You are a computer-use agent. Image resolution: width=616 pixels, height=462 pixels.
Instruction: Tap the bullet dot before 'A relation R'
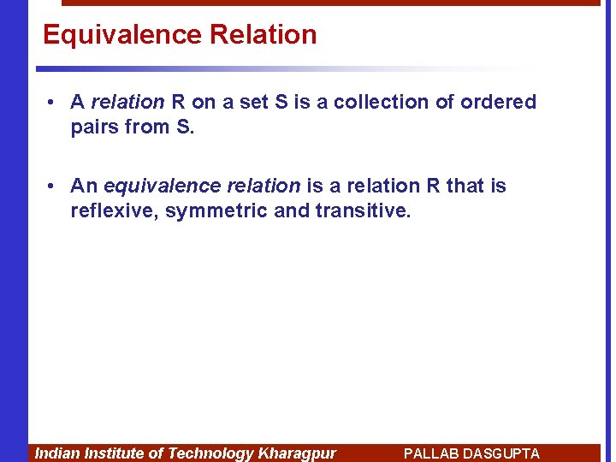tap(52, 103)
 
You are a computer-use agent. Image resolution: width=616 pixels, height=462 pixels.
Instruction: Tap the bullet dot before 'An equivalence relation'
tap(52, 187)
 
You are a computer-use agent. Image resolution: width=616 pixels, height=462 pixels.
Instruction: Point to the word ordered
tap(498, 103)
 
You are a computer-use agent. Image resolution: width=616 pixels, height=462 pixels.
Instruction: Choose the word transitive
tap(364, 211)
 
